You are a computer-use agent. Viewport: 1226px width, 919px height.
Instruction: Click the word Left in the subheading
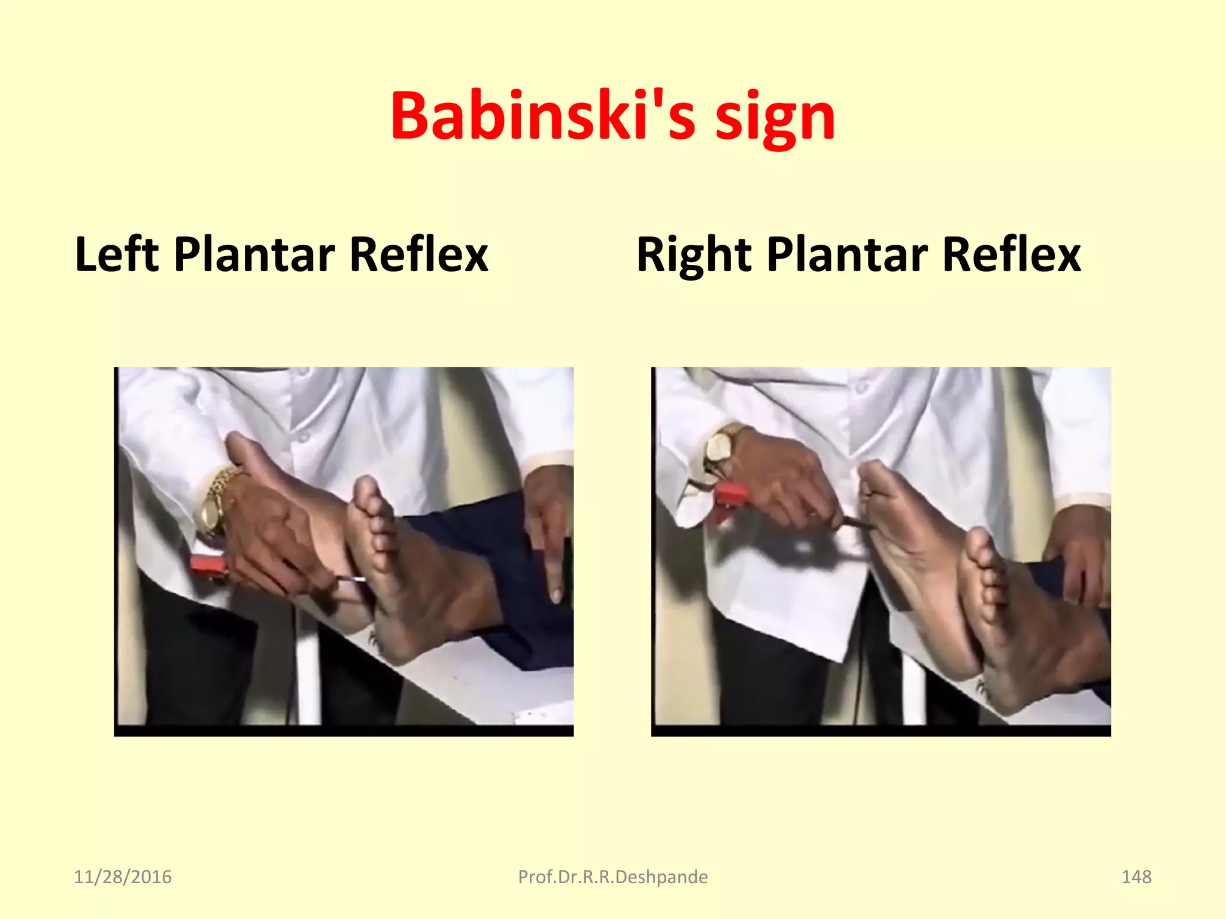(x=117, y=254)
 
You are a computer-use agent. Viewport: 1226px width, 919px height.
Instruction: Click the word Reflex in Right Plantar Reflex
(x=1012, y=254)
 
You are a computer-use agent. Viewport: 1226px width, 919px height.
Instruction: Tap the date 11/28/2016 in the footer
(x=123, y=877)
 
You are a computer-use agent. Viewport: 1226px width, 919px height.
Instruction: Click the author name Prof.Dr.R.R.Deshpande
(x=612, y=877)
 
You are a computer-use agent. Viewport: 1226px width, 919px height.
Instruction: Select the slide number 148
(x=1136, y=877)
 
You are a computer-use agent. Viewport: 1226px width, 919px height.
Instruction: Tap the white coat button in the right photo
(x=860, y=389)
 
